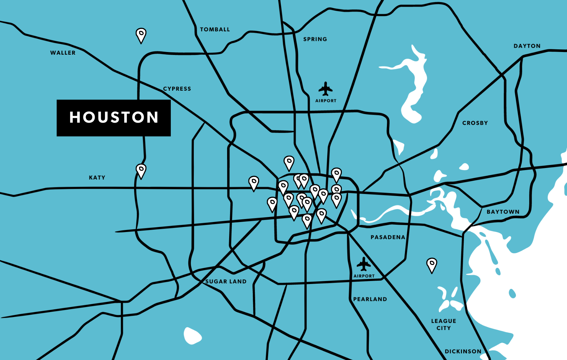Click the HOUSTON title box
(x=113, y=118)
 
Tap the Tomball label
(x=215, y=29)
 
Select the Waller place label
(x=63, y=53)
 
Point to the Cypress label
(x=177, y=89)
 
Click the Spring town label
(x=315, y=39)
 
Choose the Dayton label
(x=527, y=46)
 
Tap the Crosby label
(x=475, y=123)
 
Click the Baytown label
(x=503, y=212)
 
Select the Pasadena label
(x=388, y=237)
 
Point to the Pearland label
(x=370, y=299)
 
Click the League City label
(x=444, y=324)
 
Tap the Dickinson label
(x=463, y=351)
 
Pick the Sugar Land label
(x=226, y=281)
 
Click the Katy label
(x=97, y=178)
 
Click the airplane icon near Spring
(x=325, y=89)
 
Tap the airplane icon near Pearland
(x=364, y=264)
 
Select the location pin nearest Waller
(x=141, y=35)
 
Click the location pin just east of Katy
(x=141, y=171)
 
